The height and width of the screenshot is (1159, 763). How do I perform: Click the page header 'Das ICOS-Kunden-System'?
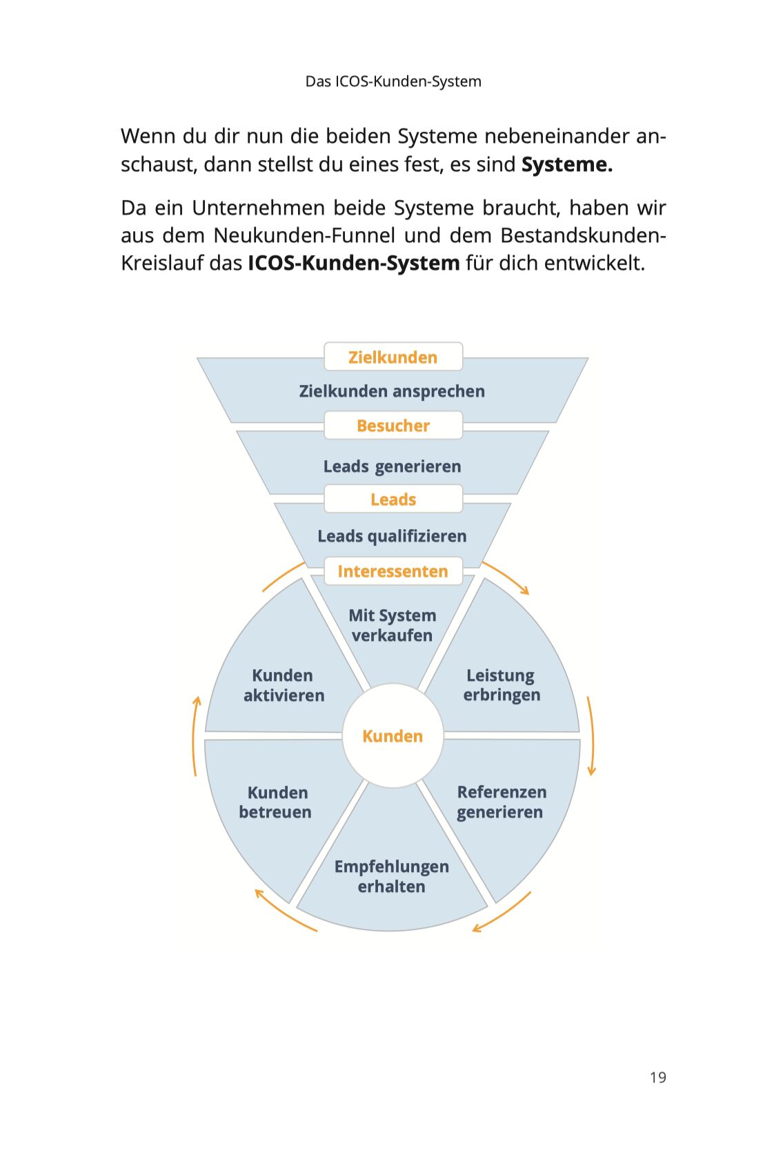pyautogui.click(x=393, y=81)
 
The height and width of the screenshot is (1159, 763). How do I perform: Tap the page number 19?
pyautogui.click(x=657, y=1078)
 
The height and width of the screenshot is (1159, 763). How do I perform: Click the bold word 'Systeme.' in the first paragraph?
pyautogui.click(x=566, y=165)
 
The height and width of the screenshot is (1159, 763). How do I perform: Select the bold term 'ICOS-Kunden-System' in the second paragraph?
pyautogui.click(x=353, y=264)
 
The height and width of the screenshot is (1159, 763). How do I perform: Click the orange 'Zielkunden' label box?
pyautogui.click(x=393, y=357)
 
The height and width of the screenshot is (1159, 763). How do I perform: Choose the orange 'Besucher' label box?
pyautogui.click(x=393, y=426)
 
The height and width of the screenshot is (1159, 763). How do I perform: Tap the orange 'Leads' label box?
pyautogui.click(x=393, y=499)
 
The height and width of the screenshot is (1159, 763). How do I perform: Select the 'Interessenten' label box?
pyautogui.click(x=393, y=571)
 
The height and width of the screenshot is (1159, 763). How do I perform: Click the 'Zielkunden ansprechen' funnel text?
pyautogui.click(x=392, y=391)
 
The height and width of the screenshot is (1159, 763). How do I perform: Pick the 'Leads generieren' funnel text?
pyautogui.click(x=392, y=466)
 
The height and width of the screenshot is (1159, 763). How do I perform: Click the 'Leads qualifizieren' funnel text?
pyautogui.click(x=392, y=536)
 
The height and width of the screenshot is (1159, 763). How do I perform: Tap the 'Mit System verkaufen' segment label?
pyautogui.click(x=392, y=625)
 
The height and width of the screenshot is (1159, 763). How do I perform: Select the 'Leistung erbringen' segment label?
pyautogui.click(x=502, y=685)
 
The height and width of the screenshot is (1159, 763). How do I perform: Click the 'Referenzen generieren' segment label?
pyautogui.click(x=501, y=802)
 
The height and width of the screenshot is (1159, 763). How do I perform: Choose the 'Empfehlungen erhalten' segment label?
pyautogui.click(x=391, y=876)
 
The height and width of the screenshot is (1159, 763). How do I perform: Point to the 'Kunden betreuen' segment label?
pyautogui.click(x=276, y=802)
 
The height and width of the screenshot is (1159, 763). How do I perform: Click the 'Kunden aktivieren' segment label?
pyautogui.click(x=284, y=685)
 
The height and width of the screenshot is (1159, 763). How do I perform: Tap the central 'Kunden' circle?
pyautogui.click(x=393, y=736)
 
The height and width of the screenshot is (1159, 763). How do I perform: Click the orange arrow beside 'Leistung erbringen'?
pyautogui.click(x=591, y=735)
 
